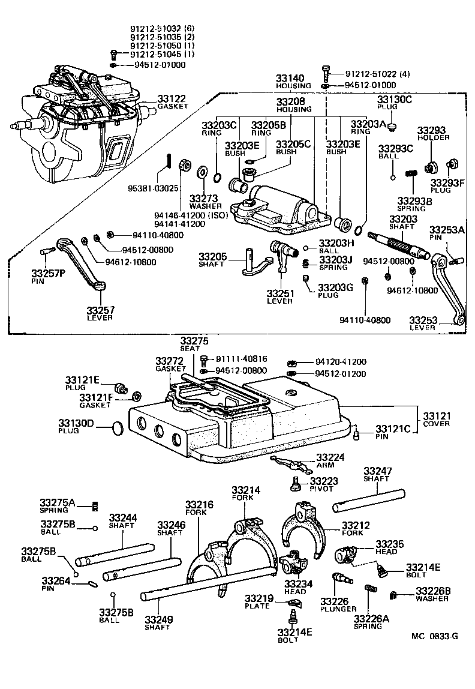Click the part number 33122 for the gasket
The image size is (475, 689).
[171, 98]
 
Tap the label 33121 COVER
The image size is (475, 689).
[436, 419]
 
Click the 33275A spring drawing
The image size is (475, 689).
[94, 507]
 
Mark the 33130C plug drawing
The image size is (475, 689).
[392, 127]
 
